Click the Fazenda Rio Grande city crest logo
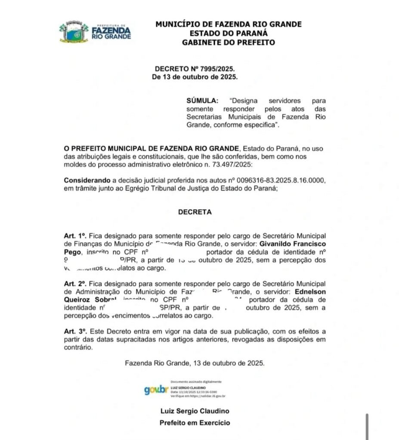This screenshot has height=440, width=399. (x=74, y=32)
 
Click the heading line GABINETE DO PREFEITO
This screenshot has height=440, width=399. (x=228, y=42)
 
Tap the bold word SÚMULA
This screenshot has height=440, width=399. (x=202, y=101)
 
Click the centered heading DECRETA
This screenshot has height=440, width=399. (x=195, y=212)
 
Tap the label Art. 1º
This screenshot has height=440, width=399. (x=76, y=236)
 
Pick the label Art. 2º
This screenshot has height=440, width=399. (x=76, y=284)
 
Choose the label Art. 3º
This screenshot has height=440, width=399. (x=76, y=332)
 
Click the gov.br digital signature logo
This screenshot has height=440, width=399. (x=156, y=390)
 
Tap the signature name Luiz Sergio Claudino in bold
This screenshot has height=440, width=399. (x=195, y=411)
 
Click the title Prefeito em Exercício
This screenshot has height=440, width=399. (x=195, y=423)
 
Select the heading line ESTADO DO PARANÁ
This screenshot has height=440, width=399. (x=228, y=33)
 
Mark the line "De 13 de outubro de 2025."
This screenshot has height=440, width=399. (x=195, y=77)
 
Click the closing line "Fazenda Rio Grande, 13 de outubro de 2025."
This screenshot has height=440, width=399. (x=195, y=363)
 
